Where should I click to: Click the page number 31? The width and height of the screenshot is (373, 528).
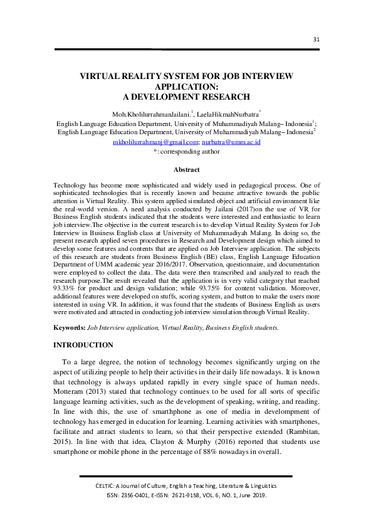pos(317,39)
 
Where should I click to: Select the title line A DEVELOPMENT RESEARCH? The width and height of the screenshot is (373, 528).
pos(186,97)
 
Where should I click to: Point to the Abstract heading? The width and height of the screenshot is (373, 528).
pos(186,170)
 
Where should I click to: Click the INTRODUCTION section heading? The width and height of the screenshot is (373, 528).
pos(83,345)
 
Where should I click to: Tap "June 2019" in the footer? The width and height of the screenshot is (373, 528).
pos(251,495)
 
